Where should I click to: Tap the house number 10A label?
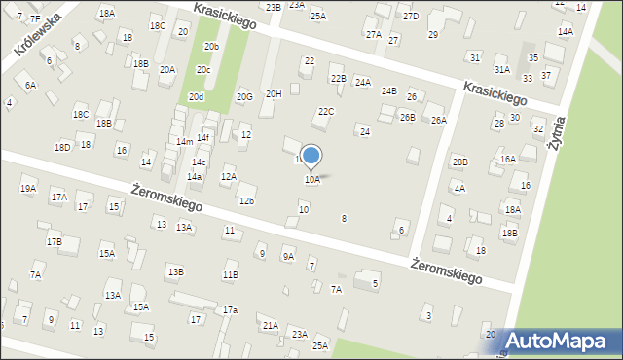click(311, 180)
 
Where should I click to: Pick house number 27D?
click(411, 17)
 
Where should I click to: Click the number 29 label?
click(433, 35)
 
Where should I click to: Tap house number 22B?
click(338, 78)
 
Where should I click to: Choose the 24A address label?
click(362, 83)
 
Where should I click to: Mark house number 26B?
click(407, 118)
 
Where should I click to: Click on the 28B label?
click(459, 162)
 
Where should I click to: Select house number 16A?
click(507, 159)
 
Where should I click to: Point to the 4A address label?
click(458, 188)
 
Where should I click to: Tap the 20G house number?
click(244, 96)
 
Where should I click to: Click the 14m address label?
click(184, 142)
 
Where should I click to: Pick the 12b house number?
click(246, 201)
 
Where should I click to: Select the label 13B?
click(174, 271)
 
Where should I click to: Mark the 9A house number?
click(288, 256)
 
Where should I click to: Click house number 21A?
click(271, 325)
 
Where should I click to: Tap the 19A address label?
click(28, 189)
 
